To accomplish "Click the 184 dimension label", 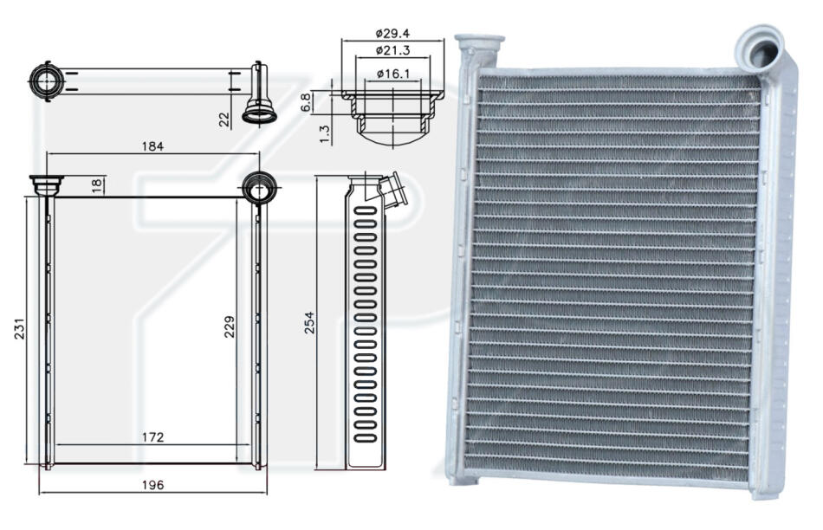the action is (152, 146).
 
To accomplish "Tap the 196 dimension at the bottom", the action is (152, 485).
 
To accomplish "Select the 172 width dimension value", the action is (152, 436).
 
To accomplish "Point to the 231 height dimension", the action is (19, 328).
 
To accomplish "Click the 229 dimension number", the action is (230, 326).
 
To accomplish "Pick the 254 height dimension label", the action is (309, 323).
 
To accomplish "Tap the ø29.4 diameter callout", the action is (392, 34).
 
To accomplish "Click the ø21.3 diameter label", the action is (392, 51).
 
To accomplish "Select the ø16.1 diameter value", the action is (393, 74).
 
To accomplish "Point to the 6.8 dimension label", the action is (306, 103).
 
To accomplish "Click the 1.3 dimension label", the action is (325, 134).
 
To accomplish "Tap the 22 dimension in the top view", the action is (224, 120).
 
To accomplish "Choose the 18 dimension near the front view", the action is (96, 185).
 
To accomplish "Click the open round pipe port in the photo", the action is (761, 51).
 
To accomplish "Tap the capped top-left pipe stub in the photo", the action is (479, 48).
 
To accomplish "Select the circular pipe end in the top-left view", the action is (46, 81).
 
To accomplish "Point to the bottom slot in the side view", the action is (366, 437).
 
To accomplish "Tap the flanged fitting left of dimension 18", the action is (47, 184).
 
